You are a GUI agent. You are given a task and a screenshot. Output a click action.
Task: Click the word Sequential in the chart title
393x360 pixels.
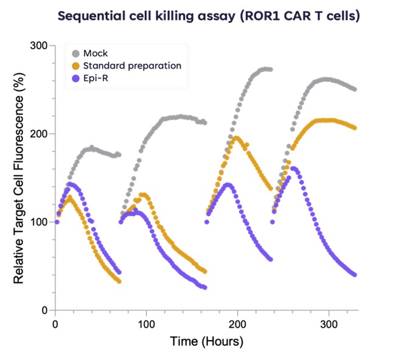[x=91, y=16]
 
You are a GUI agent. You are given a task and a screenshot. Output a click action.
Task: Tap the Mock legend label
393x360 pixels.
[x=96, y=54]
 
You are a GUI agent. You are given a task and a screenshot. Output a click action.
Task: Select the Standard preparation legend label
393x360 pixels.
[x=132, y=66]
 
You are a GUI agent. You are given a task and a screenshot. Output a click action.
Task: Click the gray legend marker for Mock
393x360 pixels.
[x=75, y=54]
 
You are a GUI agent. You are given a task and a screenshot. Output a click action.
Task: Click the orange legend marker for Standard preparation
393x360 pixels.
[x=75, y=66]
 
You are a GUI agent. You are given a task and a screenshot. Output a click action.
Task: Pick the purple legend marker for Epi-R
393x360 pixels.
[x=75, y=78]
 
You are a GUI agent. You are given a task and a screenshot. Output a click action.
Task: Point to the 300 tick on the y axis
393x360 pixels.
[x=40, y=46]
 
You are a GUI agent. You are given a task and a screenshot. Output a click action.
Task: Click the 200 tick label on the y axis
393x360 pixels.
[x=40, y=134]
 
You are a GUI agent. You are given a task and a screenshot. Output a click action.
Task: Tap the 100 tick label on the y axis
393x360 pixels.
[x=40, y=222]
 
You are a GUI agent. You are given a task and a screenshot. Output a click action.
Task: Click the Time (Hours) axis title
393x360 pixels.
[x=206, y=341]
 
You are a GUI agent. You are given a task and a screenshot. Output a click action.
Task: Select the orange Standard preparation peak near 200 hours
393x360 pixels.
[x=237, y=137]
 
